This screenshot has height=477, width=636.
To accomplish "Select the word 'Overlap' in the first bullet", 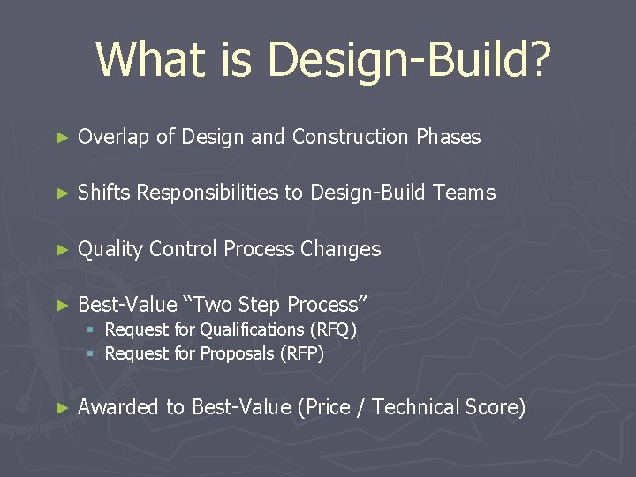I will (114, 137).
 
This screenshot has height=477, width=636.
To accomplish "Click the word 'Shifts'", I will (104, 193).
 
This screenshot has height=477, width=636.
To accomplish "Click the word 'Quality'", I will (110, 250).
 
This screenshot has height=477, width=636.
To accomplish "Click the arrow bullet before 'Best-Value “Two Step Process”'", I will (61, 306).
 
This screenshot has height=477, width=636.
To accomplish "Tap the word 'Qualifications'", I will (252, 329).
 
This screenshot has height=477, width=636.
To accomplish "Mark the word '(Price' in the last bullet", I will (326, 407).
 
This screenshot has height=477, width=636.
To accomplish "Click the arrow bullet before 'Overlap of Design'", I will (61, 138).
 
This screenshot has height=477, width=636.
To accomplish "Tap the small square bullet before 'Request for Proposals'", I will (90, 353).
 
